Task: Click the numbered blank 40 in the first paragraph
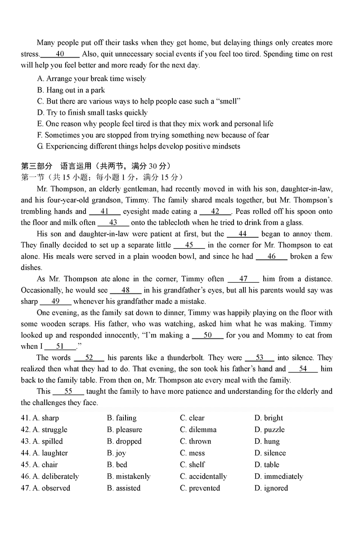[60, 54]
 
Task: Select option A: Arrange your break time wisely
[91, 79]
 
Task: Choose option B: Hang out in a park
[71, 90]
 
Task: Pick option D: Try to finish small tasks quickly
[92, 113]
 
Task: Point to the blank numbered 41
[104, 212]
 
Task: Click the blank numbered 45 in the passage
[189, 245]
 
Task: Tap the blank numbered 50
[207, 335]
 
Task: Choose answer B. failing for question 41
[121, 418]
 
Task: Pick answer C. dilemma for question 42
[198, 430]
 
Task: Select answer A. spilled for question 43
[48, 441]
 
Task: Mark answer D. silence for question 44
[270, 453]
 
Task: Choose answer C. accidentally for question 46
[203, 477]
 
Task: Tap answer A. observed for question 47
[51, 488]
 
